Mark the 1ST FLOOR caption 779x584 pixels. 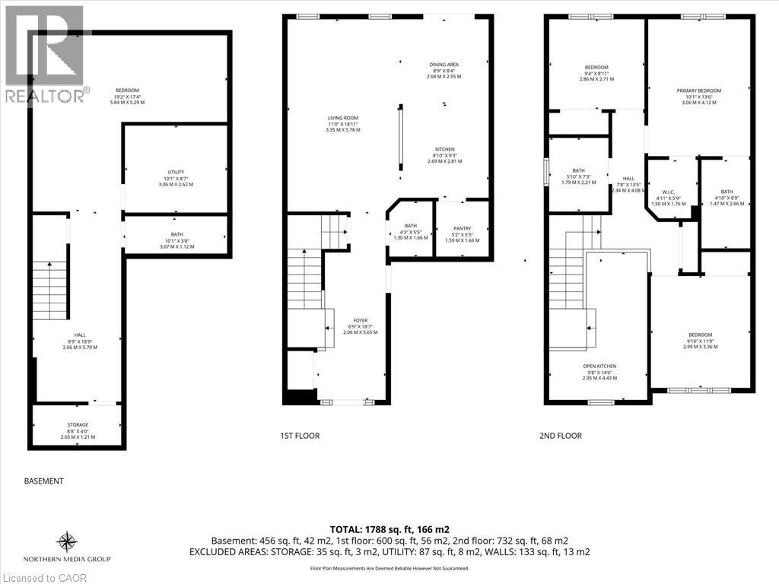300,436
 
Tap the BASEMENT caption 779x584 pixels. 43,481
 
